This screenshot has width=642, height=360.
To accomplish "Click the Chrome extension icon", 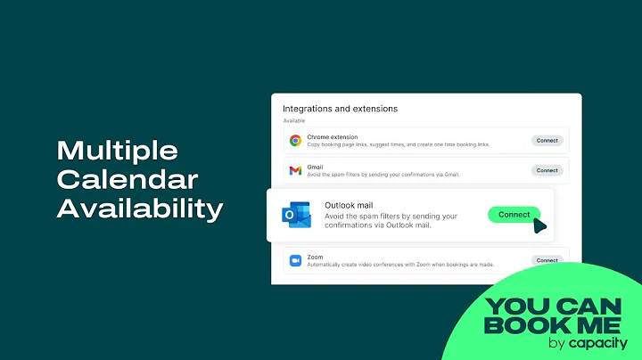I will coord(295,141).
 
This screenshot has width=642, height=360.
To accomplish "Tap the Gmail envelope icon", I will coord(295,170).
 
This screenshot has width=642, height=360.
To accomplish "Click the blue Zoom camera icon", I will coord(295,260).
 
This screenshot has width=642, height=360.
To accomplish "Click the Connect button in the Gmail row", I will coord(547,170).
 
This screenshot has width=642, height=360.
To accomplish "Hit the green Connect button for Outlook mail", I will coord(514,215).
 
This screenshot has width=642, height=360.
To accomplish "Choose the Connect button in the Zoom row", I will coord(547,260).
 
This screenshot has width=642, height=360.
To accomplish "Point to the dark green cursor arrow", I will coord(539,225).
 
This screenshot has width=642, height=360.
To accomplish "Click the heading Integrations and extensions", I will coord(340,109).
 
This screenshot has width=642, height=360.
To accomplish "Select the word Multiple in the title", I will coord(118,150).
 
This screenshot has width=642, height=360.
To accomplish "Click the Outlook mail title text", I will coord(350,204).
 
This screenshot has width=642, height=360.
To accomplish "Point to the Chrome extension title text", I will coord(332,137).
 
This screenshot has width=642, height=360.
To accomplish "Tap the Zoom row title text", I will coord(316,256).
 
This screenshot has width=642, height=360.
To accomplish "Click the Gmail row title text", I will coord(316,166).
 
